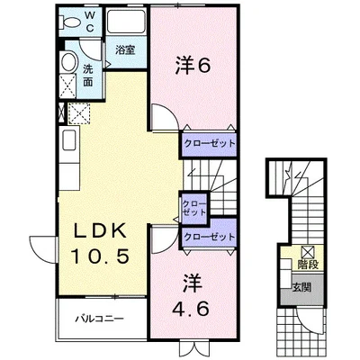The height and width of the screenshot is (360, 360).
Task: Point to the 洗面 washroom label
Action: (89, 75)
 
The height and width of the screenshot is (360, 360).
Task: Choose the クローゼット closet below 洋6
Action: (209, 142)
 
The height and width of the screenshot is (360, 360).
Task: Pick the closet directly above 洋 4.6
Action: (209, 236)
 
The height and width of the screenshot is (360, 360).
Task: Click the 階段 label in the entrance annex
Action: (308, 265)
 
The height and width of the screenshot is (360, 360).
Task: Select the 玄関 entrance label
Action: (308, 287)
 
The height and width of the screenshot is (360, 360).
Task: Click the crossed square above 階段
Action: (308, 251)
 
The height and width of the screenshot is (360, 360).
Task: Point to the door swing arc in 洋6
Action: (163, 117)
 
